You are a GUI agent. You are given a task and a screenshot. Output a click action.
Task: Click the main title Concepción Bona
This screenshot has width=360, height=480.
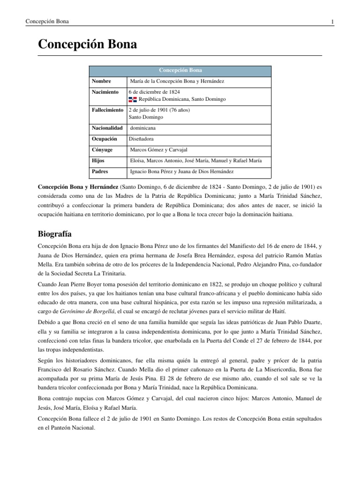[87, 45]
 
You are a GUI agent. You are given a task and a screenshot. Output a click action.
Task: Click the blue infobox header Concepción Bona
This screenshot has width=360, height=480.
[180, 70]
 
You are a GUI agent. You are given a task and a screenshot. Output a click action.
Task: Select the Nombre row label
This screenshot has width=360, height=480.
[101, 82]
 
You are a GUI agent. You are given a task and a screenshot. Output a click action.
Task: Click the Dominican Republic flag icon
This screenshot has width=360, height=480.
[132, 99]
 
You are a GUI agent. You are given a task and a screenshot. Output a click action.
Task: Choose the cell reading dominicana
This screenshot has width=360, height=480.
[143, 127]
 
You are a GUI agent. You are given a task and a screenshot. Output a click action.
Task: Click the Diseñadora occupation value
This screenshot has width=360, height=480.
[141, 139]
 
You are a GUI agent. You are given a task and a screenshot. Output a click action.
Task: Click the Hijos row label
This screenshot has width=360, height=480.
[99, 161]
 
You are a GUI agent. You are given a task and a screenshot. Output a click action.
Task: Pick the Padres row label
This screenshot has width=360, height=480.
[100, 172]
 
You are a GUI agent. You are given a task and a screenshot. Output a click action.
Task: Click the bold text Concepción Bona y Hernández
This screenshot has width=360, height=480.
[78, 186]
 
